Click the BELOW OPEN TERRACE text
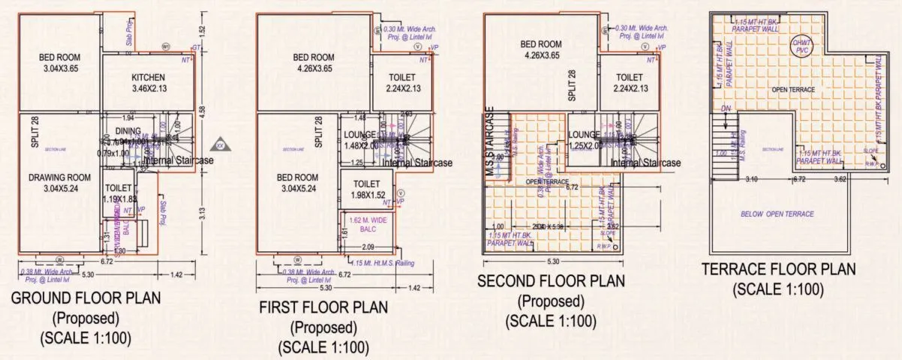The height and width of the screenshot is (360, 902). point(777,214)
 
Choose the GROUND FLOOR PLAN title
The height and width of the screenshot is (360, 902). point(86,298)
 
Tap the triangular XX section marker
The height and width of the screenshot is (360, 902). point(221,142)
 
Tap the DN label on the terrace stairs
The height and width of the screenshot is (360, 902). point(725,108)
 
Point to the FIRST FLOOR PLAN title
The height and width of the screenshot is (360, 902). point(323,307)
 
